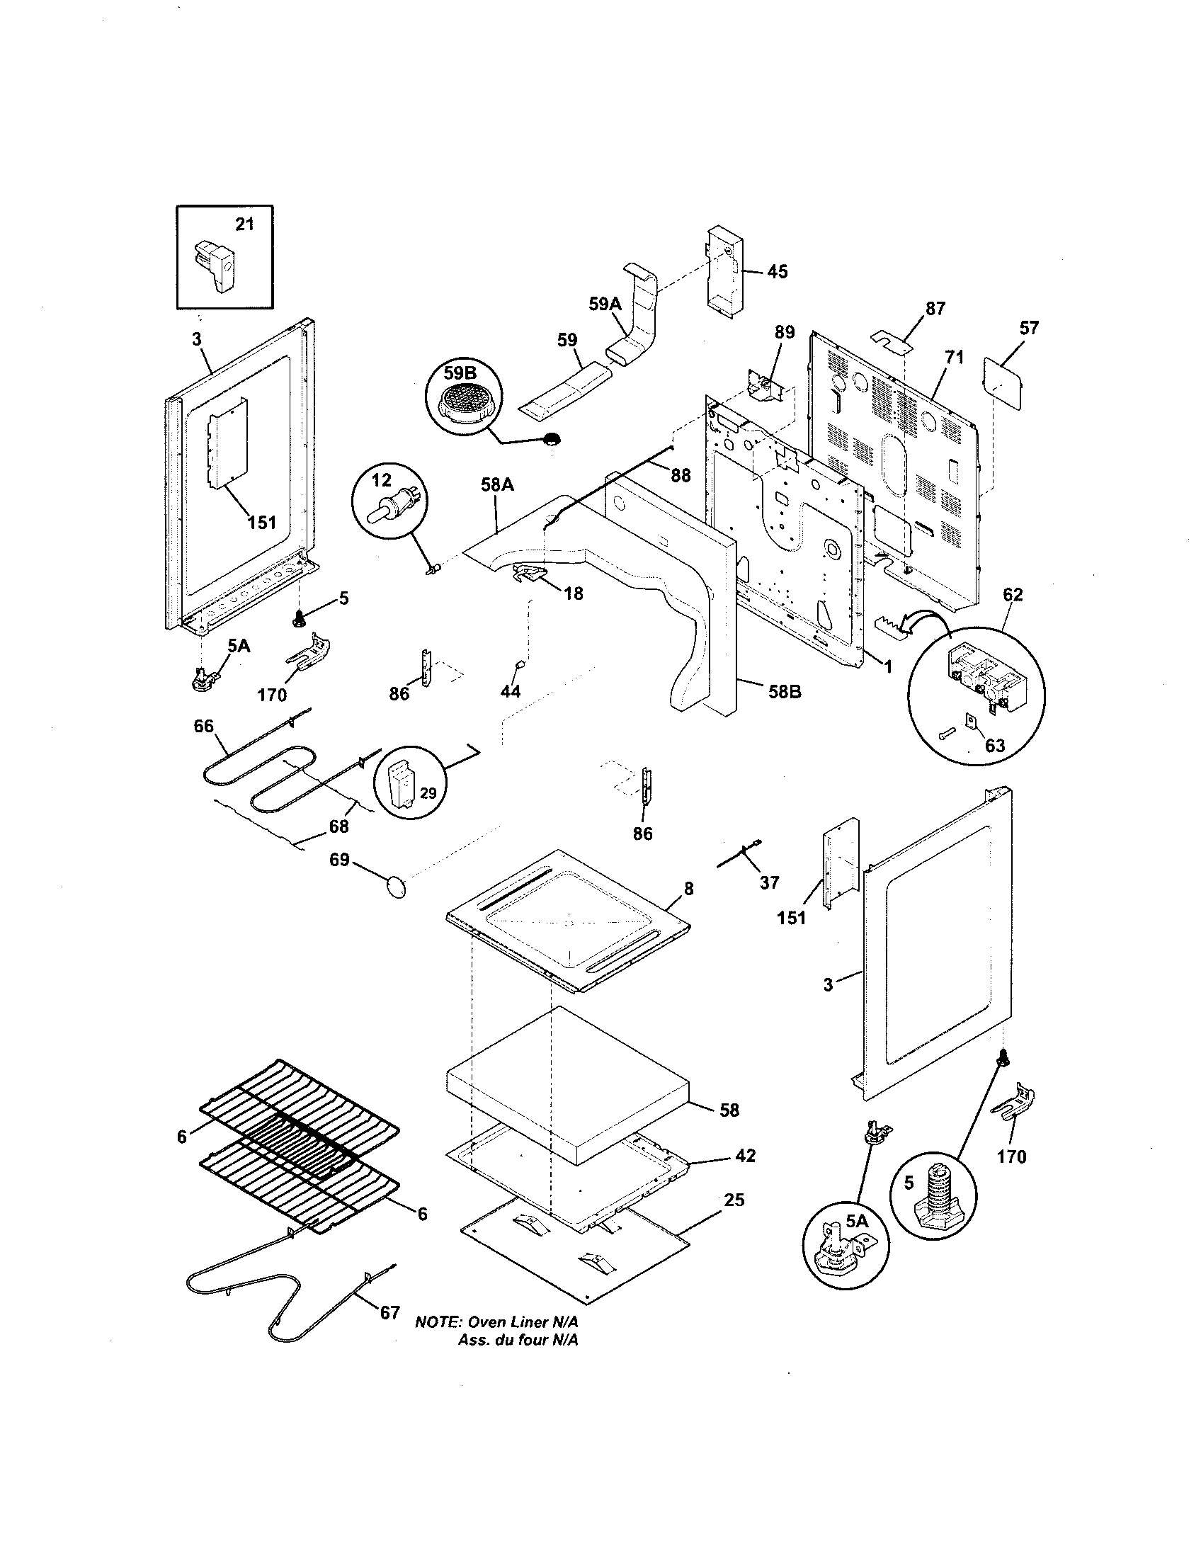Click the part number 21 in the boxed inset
244,224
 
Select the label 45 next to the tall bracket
778,272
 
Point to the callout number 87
935,309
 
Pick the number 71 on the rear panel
954,358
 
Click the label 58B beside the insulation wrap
785,691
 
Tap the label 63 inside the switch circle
994,746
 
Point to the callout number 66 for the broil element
204,726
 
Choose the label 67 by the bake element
389,1312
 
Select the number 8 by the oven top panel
688,889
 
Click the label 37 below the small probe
769,882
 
